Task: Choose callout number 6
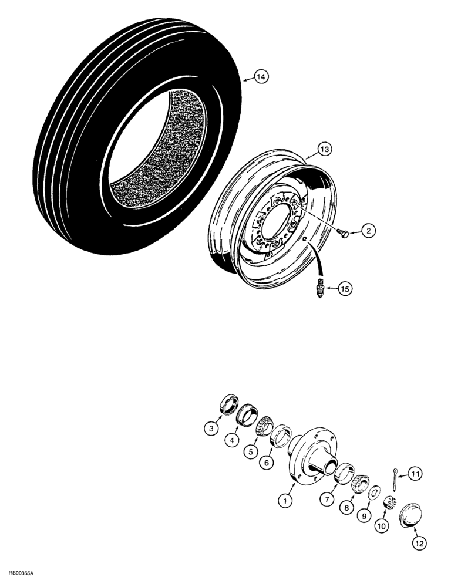click(x=268, y=463)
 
